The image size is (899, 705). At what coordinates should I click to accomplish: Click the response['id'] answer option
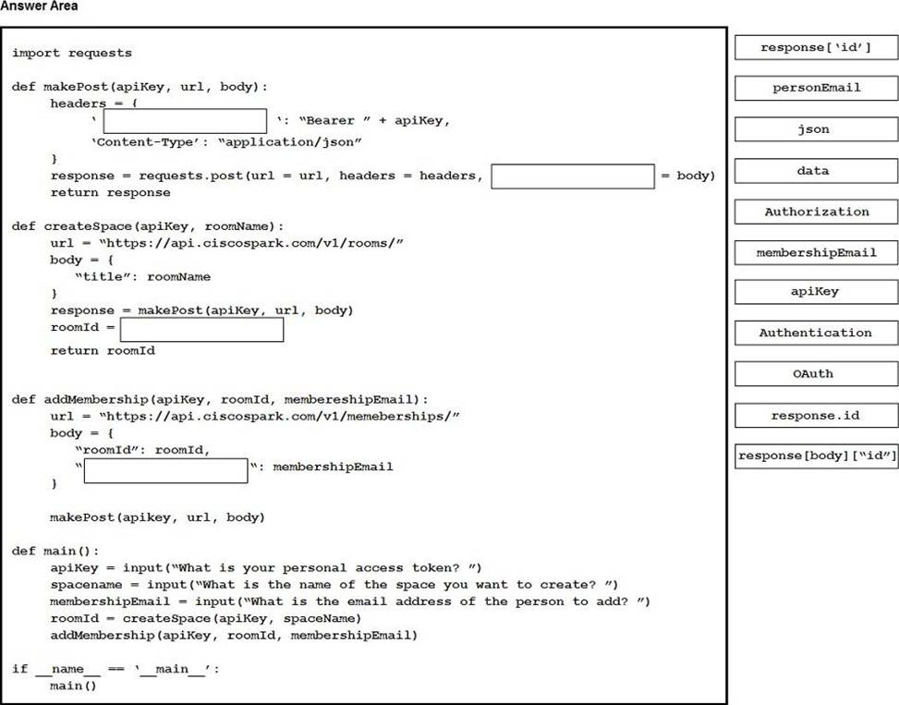(816, 47)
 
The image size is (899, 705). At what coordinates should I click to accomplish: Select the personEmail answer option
(816, 88)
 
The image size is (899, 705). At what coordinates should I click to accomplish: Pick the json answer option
(816, 129)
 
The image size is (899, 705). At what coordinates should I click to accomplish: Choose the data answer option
(816, 171)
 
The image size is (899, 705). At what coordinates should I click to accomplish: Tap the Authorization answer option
(816, 212)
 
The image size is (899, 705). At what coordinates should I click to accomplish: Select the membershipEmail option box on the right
(816, 252)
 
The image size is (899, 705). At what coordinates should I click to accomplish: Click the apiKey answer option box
(816, 292)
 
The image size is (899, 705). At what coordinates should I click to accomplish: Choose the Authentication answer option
(816, 333)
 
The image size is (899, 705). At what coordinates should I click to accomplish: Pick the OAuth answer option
(816, 373)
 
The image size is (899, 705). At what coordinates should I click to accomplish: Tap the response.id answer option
(816, 415)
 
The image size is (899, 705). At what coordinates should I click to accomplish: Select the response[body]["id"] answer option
(816, 456)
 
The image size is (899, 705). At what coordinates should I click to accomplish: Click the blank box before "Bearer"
(185, 121)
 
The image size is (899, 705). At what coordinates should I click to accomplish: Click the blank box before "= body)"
(572, 176)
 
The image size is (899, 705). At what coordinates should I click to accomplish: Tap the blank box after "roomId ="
(201, 330)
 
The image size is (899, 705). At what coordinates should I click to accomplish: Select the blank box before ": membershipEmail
(166, 470)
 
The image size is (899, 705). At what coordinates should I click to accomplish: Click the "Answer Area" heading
(39, 6)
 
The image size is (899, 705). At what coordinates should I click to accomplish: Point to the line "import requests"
(72, 53)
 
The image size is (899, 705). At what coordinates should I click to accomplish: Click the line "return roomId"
(103, 351)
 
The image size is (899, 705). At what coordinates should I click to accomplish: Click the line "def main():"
(55, 551)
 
